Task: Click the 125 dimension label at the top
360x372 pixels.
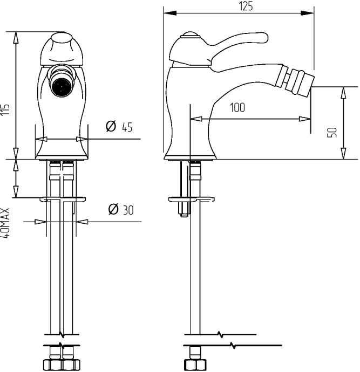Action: [246, 6]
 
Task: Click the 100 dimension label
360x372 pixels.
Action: [237, 107]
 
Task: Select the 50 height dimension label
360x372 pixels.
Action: [332, 132]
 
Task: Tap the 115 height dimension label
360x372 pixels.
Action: [5, 109]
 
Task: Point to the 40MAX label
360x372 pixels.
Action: [5, 223]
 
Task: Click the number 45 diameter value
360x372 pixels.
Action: [127, 127]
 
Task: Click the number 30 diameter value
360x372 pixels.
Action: [128, 210]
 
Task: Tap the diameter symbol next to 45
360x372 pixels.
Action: [111, 126]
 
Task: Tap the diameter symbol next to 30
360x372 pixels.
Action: [113, 209]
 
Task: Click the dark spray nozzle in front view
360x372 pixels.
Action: [61, 86]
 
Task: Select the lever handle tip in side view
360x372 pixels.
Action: [263, 38]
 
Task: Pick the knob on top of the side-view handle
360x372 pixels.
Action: [191, 35]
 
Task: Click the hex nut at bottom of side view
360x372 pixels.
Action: [195, 364]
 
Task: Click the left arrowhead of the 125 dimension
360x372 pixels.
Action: [170, 13]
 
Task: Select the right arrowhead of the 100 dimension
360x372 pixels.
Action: [304, 119]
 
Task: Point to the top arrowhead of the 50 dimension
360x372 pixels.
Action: [343, 93]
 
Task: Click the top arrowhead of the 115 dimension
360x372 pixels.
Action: [16, 38]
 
